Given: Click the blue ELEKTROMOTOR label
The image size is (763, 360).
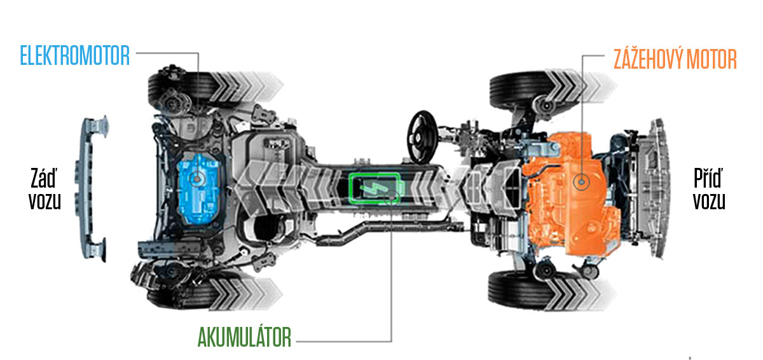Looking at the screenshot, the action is point(75,55).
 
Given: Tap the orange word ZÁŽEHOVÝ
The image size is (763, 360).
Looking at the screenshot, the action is point(647,59).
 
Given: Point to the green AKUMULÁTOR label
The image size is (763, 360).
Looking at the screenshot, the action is point(244,337).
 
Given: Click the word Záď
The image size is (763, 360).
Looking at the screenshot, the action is point(43,178).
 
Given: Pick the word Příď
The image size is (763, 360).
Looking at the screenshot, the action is point(708,178).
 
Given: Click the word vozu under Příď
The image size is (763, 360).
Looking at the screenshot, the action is point(709,201).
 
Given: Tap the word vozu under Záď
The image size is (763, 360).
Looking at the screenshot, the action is point(45,201).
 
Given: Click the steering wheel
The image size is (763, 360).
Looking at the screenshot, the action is point(423,137).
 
